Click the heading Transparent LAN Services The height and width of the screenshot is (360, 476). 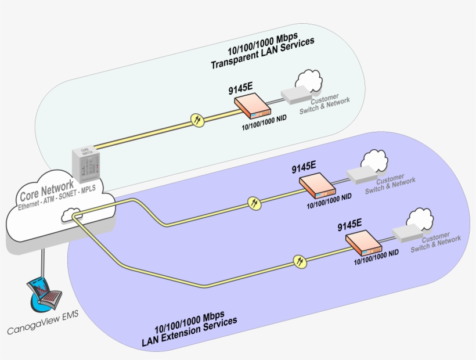pyautogui.click(x=261, y=59)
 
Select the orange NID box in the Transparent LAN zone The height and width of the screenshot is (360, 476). pyautogui.click(x=253, y=107)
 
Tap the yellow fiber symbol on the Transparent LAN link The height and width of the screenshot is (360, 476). pyautogui.click(x=197, y=120)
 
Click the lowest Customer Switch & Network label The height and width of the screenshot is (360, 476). pyautogui.click(x=435, y=243)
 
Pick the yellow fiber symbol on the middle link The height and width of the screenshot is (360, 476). pyautogui.click(x=254, y=203)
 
